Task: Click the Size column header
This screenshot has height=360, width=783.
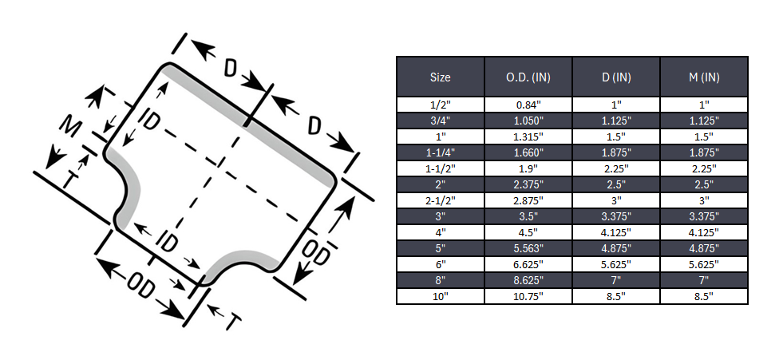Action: click(x=440, y=77)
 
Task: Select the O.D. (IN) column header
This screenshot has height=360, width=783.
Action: click(x=528, y=77)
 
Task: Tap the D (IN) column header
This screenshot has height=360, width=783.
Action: click(x=616, y=77)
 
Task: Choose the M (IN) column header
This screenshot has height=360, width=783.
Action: click(x=704, y=77)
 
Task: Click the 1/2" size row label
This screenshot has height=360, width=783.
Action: click(x=440, y=104)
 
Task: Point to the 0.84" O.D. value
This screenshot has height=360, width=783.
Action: click(x=528, y=104)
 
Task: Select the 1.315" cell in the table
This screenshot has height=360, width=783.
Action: click(x=528, y=136)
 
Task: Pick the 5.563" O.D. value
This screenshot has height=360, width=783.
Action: click(x=528, y=247)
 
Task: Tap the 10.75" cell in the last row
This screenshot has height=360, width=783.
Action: click(x=528, y=295)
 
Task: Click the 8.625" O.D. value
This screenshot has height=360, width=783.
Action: click(x=528, y=279)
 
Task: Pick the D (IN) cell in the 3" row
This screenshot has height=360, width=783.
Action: click(x=616, y=216)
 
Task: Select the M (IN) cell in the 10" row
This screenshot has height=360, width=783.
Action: click(x=704, y=295)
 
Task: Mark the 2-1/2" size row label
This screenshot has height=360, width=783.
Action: click(x=440, y=200)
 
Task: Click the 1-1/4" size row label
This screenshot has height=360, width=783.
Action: click(x=440, y=152)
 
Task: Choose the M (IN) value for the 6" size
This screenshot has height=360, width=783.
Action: click(x=704, y=263)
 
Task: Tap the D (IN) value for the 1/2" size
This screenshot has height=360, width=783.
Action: click(x=616, y=104)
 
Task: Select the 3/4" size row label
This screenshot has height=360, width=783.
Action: click(x=440, y=120)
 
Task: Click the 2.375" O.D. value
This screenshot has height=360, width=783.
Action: click(x=528, y=184)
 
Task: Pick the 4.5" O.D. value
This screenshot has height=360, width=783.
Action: click(x=528, y=231)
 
